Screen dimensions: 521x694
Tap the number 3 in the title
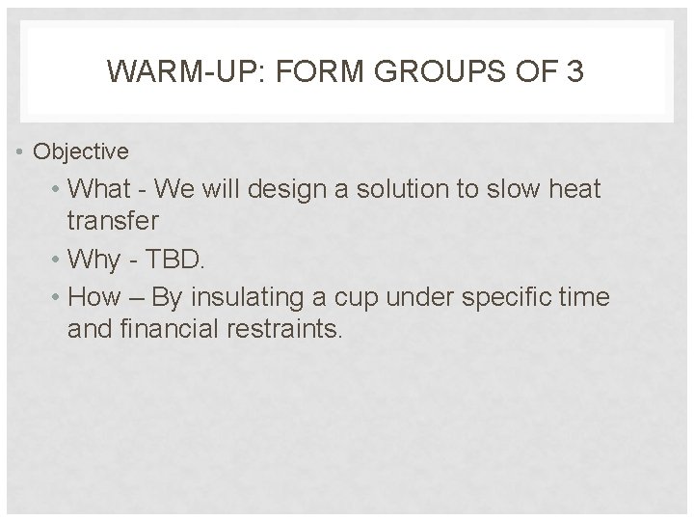point(574,71)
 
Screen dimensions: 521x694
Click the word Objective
point(80,151)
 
